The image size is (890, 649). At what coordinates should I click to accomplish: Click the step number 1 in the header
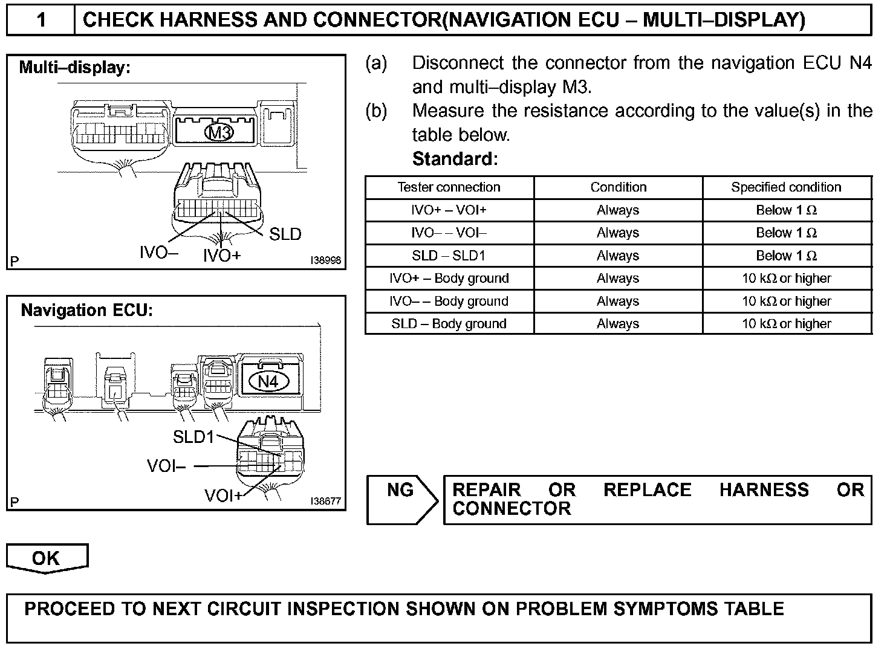tap(41, 20)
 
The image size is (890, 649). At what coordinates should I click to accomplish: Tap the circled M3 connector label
tap(220, 132)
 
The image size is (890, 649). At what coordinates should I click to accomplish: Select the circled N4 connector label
tap(268, 381)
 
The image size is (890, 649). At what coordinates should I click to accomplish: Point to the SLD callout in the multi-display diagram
tap(285, 234)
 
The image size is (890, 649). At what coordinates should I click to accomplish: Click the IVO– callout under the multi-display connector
tap(158, 253)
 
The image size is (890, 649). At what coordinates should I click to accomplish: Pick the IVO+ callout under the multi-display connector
tap(222, 256)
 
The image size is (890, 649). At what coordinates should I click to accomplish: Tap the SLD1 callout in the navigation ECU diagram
tap(193, 437)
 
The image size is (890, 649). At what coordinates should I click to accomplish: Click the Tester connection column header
tap(449, 187)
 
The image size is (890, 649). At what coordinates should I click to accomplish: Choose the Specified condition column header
tap(786, 187)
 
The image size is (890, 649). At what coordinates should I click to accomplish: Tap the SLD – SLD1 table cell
tap(449, 256)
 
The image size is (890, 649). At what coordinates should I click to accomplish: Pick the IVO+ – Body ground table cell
tap(449, 279)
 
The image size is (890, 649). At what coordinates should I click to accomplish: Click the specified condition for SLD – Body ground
tap(786, 324)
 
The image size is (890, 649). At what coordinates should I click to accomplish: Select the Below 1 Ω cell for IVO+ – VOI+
tap(786, 210)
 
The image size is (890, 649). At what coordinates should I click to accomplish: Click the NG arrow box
tap(401, 499)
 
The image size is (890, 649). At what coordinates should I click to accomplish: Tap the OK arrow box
tap(47, 558)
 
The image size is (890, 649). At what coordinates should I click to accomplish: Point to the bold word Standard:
tap(455, 159)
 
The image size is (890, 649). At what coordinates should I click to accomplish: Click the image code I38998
tap(325, 260)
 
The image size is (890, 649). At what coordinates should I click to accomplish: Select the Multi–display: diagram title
tap(75, 67)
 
